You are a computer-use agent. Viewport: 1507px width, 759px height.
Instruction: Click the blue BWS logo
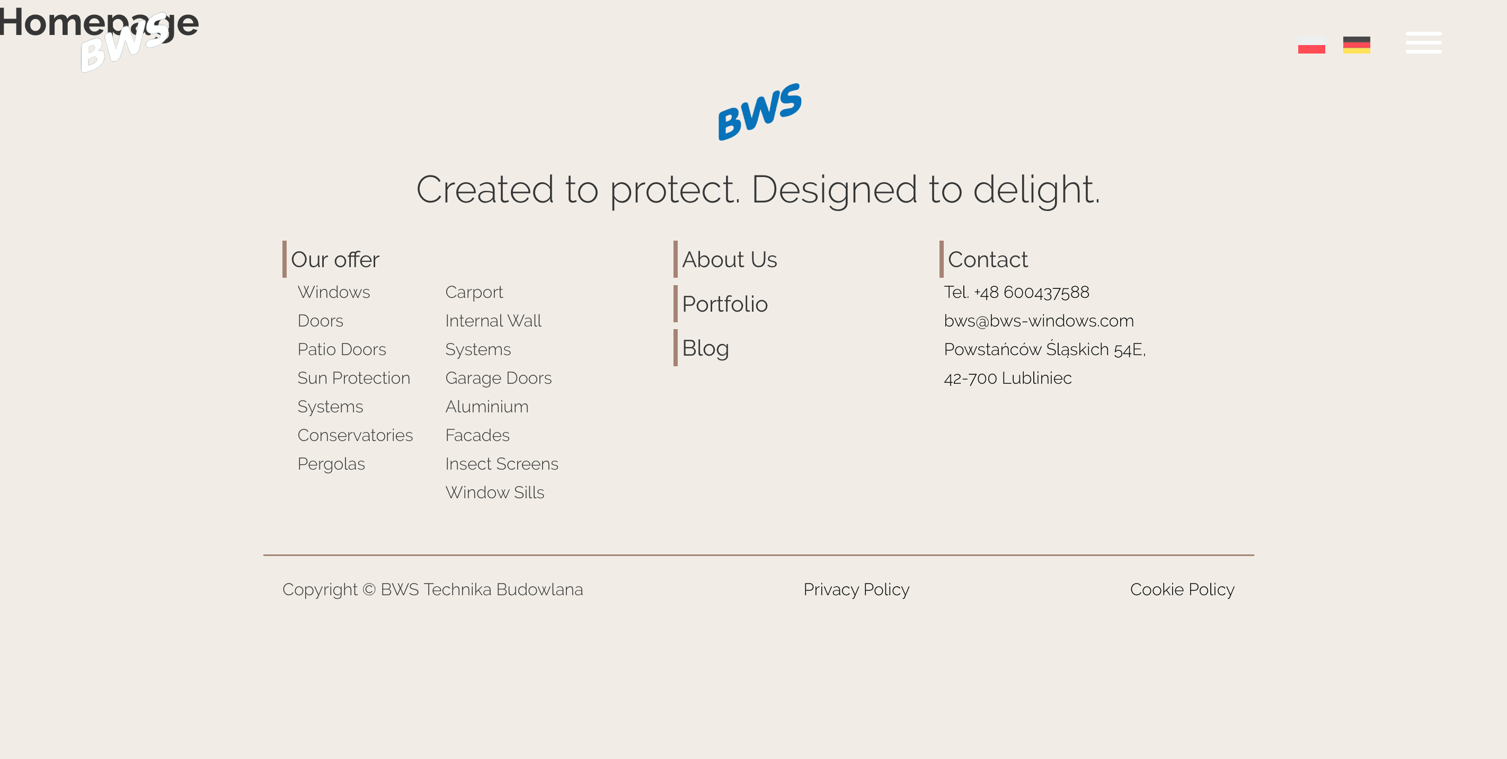(759, 111)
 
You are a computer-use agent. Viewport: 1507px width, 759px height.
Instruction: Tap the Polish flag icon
(1311, 45)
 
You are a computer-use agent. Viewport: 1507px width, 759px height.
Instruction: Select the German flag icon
(1356, 45)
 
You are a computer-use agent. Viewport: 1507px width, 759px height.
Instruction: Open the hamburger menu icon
(1423, 43)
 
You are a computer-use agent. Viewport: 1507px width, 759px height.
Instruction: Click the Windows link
(333, 292)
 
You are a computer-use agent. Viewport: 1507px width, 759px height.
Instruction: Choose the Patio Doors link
(342, 349)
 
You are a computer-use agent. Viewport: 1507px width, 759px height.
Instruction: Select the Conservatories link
(355, 435)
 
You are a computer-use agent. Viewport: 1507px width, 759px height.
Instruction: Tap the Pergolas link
(331, 464)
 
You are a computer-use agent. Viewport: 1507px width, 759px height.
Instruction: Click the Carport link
(474, 292)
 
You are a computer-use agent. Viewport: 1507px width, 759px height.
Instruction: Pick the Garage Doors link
(499, 378)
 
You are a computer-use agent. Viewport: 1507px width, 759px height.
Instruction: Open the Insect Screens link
(502, 464)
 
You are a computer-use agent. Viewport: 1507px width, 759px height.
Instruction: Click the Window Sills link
(495, 493)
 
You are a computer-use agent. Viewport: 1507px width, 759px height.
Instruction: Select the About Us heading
(730, 259)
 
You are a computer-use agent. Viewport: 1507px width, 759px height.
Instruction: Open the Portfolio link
(725, 304)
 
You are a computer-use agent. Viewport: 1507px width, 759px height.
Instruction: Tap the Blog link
(705, 348)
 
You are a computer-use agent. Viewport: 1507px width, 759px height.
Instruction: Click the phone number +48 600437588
(1031, 292)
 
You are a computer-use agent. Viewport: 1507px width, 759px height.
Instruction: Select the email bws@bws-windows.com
(1039, 321)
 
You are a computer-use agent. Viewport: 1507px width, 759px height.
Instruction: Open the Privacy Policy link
(856, 589)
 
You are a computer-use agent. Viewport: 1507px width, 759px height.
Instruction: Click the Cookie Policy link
(1182, 589)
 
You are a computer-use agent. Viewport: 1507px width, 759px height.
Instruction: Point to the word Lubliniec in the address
(1036, 378)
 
